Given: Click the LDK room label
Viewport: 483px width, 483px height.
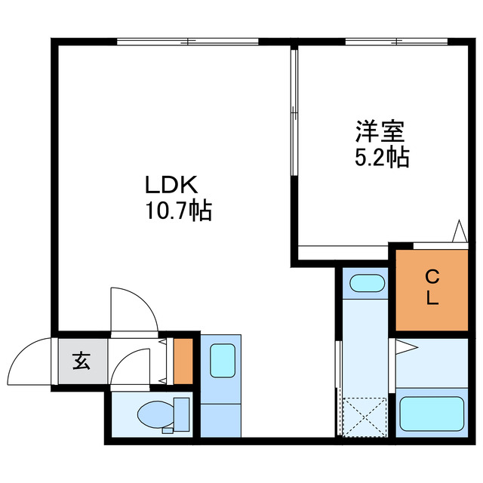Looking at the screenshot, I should tap(171, 186).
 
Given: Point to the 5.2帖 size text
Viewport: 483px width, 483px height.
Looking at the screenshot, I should tap(382, 157).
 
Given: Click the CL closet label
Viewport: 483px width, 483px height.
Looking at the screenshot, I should tap(432, 287).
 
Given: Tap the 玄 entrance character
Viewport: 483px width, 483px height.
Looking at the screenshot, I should tap(81, 361).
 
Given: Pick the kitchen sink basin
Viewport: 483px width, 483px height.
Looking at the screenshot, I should tap(221, 361).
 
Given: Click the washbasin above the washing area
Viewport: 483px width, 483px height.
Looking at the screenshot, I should tap(367, 284).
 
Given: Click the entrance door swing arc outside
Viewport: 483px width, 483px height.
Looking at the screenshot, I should tap(30, 361).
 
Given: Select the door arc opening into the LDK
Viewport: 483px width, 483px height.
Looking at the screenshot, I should tap(133, 308).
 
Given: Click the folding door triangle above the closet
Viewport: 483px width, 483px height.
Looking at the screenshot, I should tap(458, 231).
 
